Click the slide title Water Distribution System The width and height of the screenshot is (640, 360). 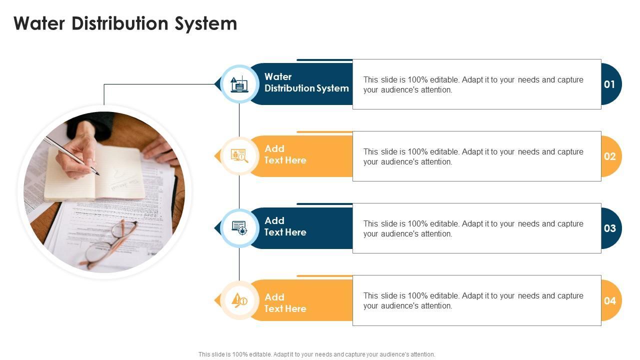(x=125, y=23)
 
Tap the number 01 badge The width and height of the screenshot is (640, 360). (x=609, y=84)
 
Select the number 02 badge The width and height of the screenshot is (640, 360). (x=609, y=156)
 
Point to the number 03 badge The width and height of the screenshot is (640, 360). (x=609, y=228)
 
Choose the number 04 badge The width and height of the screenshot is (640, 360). (x=609, y=300)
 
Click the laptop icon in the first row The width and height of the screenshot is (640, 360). (x=239, y=84)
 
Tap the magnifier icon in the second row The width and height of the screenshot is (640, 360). (x=239, y=156)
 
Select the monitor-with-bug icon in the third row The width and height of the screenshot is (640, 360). (x=239, y=228)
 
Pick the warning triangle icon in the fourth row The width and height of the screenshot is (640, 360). (x=239, y=300)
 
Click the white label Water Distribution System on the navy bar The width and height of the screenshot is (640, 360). (x=306, y=82)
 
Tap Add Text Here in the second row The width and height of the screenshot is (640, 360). (x=285, y=154)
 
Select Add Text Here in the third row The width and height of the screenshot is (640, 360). (x=285, y=226)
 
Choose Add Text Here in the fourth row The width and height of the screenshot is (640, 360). (x=285, y=302)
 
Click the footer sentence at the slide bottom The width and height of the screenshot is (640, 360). (x=316, y=354)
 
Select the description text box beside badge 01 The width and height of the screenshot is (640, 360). (x=476, y=84)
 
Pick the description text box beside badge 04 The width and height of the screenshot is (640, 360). (x=476, y=300)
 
